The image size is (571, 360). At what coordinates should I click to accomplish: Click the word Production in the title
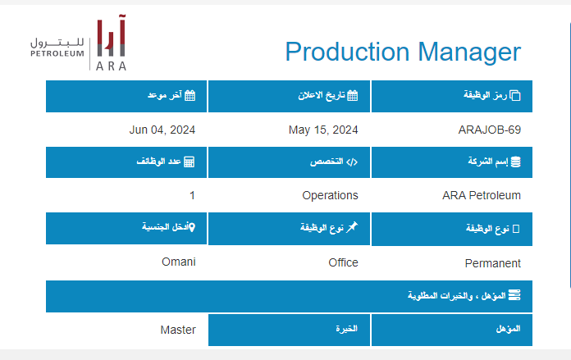click(347, 52)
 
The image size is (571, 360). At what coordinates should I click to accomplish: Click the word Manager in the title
click(469, 52)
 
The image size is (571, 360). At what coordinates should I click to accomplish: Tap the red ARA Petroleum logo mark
click(111, 35)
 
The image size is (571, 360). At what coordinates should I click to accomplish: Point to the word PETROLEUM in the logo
click(57, 53)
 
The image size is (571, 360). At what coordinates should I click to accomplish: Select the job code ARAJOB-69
click(490, 130)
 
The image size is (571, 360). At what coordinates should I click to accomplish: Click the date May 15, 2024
click(323, 130)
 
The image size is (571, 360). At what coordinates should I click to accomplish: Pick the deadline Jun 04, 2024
click(162, 130)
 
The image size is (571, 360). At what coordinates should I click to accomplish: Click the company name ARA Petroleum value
click(482, 195)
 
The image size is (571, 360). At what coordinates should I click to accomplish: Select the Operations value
click(331, 195)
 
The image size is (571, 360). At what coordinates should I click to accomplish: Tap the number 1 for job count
click(192, 195)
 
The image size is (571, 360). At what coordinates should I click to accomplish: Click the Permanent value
click(493, 263)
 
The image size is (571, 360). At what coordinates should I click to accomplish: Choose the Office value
click(344, 262)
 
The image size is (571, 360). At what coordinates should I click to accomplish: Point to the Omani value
click(179, 262)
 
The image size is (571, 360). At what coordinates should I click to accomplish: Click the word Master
click(178, 330)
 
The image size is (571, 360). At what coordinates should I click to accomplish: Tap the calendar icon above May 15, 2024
click(353, 95)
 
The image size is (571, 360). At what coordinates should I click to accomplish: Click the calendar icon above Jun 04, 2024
click(190, 95)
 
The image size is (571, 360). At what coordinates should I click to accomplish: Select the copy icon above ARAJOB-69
click(515, 95)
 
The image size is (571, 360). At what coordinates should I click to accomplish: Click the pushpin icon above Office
click(352, 227)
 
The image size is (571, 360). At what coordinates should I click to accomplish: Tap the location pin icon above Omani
click(192, 227)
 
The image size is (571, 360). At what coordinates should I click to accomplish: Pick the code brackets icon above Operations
click(352, 162)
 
